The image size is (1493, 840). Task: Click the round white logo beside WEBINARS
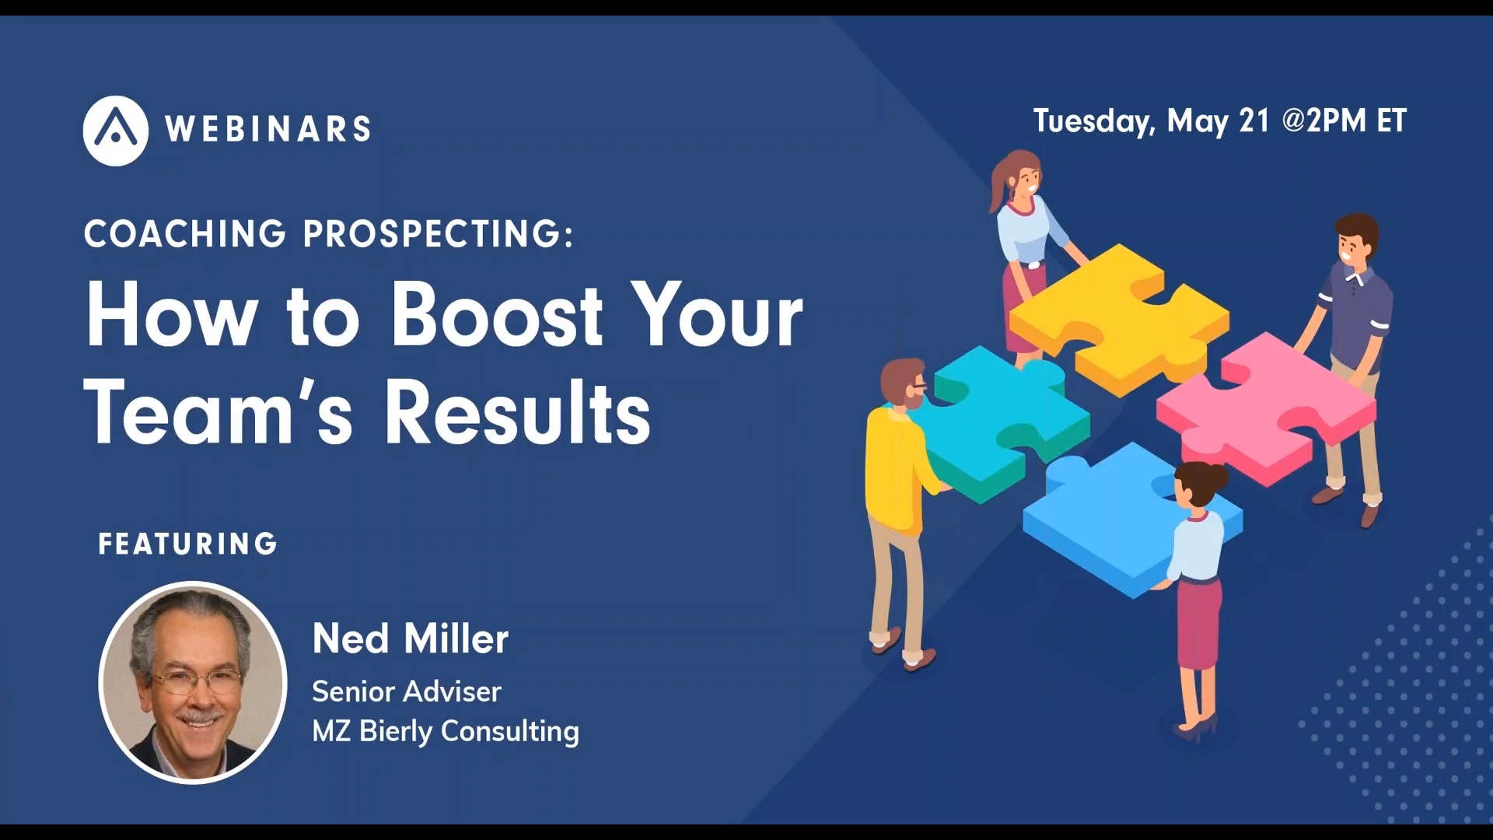115,130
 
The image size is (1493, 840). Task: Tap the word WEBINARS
267,129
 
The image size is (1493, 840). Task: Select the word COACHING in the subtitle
185,233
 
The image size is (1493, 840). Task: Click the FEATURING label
187,544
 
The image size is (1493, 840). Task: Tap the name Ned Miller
410,639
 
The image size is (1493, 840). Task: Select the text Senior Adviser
406,691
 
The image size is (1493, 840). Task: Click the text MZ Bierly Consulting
445,731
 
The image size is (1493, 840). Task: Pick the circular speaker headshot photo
193,682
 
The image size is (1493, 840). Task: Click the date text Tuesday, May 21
1151,121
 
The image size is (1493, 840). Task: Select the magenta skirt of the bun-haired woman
1198,622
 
